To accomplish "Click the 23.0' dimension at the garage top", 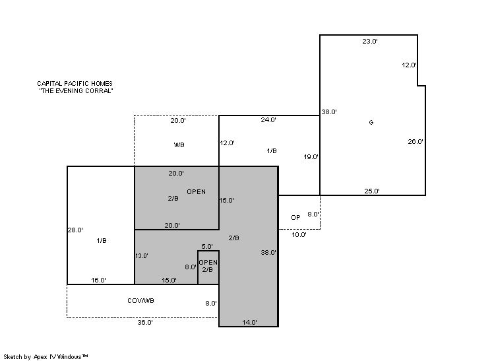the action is point(370,42).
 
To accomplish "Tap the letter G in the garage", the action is point(371,123).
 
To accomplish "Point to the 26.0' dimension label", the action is point(415,142).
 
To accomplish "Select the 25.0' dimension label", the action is point(372,191).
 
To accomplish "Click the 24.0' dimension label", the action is point(268,119).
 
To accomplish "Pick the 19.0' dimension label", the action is point(311,157).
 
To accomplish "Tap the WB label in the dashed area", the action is point(179,145).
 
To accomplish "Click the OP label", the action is point(295,217).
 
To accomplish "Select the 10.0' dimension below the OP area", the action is point(299,234).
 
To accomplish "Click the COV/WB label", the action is point(141,301).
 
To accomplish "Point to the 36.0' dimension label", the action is point(145,322).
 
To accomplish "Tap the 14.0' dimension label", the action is point(250,322).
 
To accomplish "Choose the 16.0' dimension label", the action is point(98,280).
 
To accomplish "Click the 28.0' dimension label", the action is point(75,230).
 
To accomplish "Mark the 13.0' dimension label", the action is point(142,256).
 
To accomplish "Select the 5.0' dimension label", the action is point(207,246).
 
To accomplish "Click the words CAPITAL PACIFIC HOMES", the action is point(75,84).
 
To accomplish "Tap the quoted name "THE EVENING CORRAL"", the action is point(76,90).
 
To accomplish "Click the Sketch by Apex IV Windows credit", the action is point(46,357).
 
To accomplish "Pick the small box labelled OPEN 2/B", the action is point(208,267).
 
